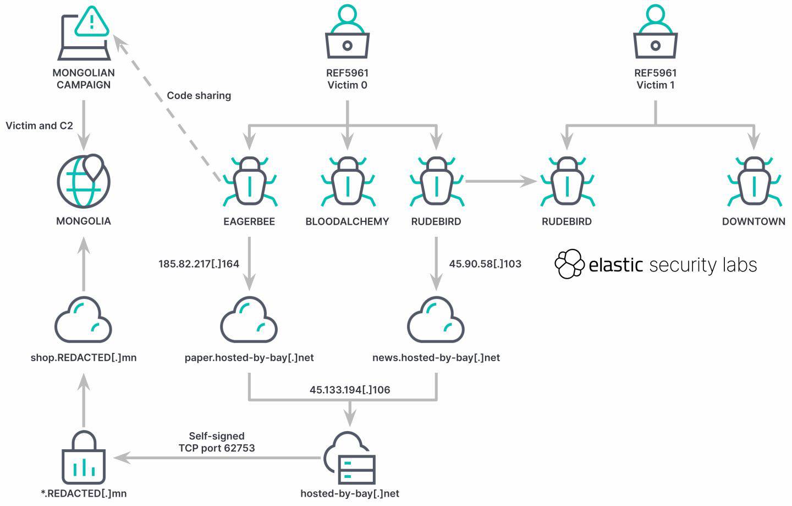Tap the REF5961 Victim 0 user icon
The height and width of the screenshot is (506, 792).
click(347, 32)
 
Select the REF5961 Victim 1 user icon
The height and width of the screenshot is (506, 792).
click(655, 32)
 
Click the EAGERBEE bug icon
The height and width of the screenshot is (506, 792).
click(249, 182)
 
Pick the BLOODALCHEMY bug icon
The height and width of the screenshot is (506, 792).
click(347, 182)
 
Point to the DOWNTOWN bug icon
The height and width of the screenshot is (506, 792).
click(754, 182)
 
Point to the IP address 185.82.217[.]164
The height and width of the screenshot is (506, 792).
click(199, 264)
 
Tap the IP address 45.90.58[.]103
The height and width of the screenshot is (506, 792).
click(485, 264)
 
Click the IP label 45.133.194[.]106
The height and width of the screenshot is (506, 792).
click(350, 390)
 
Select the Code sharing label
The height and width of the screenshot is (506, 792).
click(199, 96)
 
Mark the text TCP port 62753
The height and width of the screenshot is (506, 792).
click(217, 448)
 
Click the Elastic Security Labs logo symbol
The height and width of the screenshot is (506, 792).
click(569, 264)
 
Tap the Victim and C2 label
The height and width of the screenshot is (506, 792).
click(39, 126)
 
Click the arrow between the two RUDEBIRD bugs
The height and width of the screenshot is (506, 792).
click(501, 181)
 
